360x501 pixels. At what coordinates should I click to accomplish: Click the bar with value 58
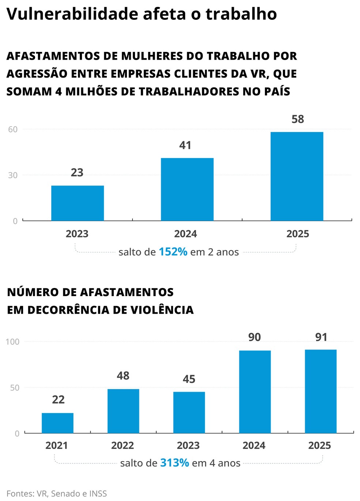[x=297, y=176]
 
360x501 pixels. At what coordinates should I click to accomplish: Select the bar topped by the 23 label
[x=78, y=203]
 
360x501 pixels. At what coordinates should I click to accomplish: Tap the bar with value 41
[x=187, y=189]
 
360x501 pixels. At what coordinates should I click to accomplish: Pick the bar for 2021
[x=57, y=423]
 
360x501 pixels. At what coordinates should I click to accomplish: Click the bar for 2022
[x=123, y=411]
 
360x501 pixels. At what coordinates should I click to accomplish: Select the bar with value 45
[x=189, y=412]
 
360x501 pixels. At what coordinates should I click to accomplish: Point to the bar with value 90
[x=255, y=392]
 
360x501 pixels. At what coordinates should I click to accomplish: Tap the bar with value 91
[x=320, y=391]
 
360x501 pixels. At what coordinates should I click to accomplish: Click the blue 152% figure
[x=173, y=252]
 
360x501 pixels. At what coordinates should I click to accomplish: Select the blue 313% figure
[x=175, y=463]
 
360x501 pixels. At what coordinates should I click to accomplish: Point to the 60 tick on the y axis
[x=13, y=129]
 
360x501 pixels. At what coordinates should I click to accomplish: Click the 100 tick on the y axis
[x=12, y=341]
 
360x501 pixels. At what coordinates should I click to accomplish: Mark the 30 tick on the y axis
[x=13, y=175]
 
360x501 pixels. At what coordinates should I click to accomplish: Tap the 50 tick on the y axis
[x=15, y=388]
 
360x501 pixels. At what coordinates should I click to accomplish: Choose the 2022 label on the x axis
[x=123, y=445]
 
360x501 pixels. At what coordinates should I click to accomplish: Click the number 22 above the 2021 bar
[x=58, y=399]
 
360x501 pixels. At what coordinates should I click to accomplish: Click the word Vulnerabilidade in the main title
[x=72, y=14]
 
